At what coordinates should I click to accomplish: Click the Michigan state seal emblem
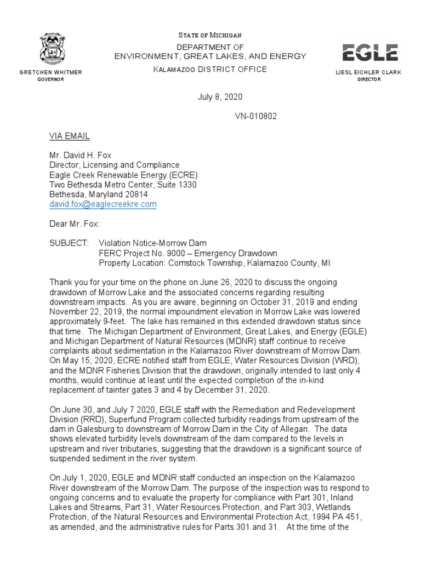pyautogui.click(x=51, y=49)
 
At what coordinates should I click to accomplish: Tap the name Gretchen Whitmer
pyautogui.click(x=51, y=72)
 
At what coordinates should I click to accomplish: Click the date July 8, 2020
pyautogui.click(x=220, y=97)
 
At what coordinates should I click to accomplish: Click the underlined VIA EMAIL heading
pyautogui.click(x=70, y=135)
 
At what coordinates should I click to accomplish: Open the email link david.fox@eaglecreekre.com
pyautogui.click(x=103, y=204)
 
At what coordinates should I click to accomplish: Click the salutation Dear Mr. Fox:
pyautogui.click(x=75, y=224)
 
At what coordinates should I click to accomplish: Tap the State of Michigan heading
pyautogui.click(x=210, y=35)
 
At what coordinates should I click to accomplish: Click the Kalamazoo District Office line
pyautogui.click(x=210, y=69)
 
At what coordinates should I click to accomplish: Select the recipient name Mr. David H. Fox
pyautogui.click(x=80, y=155)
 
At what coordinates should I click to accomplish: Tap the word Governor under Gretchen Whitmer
pyautogui.click(x=51, y=79)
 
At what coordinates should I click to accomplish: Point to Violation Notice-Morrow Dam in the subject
pyautogui.click(x=152, y=243)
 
